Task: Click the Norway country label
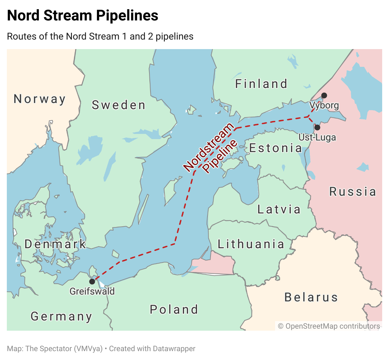click(x=40, y=99)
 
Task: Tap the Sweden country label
click(x=119, y=105)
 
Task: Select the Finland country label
click(x=261, y=84)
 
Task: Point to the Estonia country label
click(x=276, y=148)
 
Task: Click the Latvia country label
click(x=279, y=209)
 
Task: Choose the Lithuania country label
click(x=251, y=244)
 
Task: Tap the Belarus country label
click(x=311, y=297)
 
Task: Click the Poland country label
click(x=174, y=310)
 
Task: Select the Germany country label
click(x=61, y=316)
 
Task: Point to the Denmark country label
click(x=55, y=244)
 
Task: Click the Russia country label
click(x=352, y=192)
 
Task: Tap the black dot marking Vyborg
click(x=324, y=95)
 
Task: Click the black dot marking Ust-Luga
click(x=317, y=127)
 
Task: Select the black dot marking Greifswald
click(x=92, y=282)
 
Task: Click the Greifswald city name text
click(x=92, y=291)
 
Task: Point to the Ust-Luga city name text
click(x=317, y=137)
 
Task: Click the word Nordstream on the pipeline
click(x=209, y=147)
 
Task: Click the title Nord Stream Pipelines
click(x=83, y=16)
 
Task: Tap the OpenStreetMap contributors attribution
click(x=329, y=326)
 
